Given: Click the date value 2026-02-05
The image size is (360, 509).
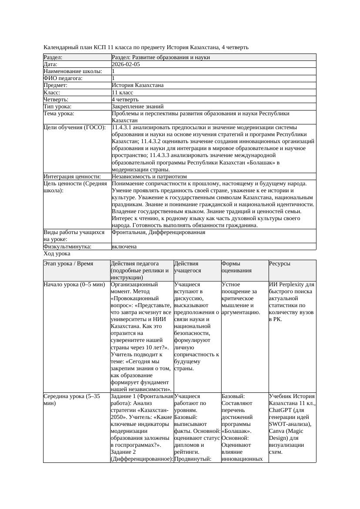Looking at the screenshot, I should (x=126, y=64).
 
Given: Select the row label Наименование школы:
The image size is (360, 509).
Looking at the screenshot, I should (x=73, y=71).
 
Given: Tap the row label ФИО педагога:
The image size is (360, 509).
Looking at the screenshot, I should (x=63, y=78).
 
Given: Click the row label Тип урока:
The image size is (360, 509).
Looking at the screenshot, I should (x=57, y=106).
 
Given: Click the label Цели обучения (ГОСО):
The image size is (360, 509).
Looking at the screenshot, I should (x=74, y=127).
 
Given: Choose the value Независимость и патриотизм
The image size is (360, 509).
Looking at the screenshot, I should (x=149, y=177).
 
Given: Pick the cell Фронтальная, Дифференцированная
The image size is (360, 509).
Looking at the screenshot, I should (x=158, y=232).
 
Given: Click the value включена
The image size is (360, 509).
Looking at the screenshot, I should (x=124, y=246).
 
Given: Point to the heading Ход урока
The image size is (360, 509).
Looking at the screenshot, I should (x=57, y=253).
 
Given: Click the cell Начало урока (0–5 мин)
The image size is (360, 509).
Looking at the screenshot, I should (x=74, y=285).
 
